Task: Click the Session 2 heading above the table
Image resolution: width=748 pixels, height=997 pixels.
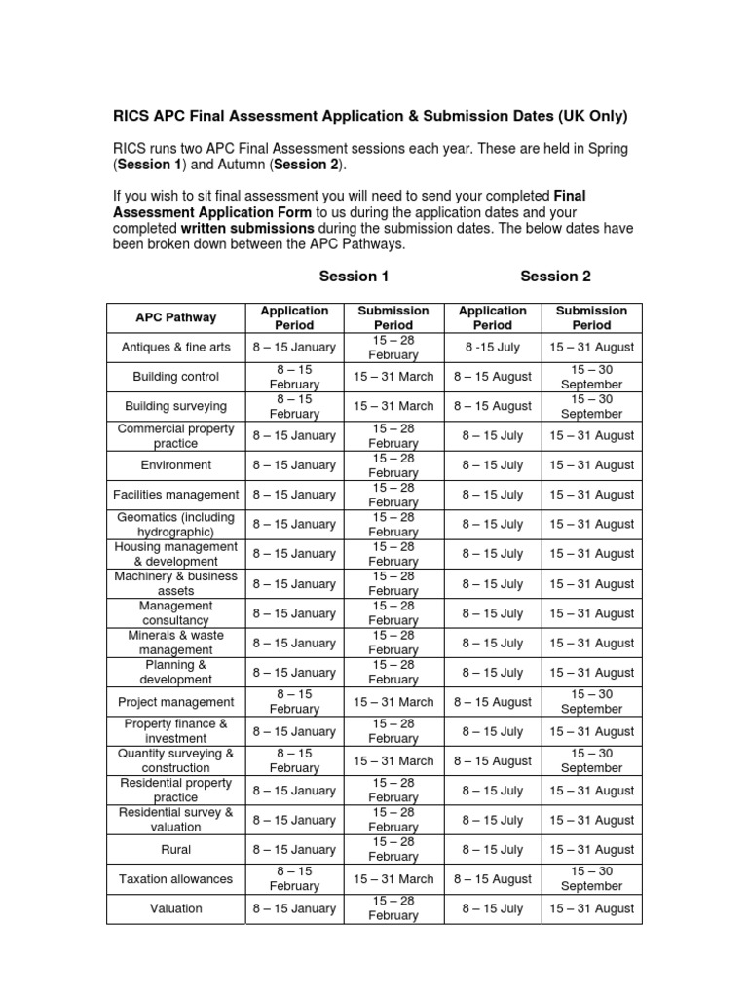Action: (555, 276)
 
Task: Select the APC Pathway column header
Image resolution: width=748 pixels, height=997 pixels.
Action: (176, 317)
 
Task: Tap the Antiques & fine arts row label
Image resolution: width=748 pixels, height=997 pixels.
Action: (176, 347)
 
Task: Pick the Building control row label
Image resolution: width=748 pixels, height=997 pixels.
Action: (176, 377)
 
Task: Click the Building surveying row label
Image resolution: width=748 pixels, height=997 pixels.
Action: (176, 406)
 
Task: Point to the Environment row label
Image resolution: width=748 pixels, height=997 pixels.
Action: (176, 465)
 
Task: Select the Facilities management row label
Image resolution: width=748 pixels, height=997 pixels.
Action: (176, 495)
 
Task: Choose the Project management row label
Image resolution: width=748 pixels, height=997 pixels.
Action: (176, 702)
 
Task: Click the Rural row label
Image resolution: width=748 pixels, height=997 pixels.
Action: (176, 850)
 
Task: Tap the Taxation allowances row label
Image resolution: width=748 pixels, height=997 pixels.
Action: (176, 879)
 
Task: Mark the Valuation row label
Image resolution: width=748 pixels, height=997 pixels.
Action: (176, 908)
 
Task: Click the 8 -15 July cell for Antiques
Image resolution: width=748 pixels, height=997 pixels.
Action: (493, 347)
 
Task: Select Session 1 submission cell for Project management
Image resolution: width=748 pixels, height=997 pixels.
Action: (393, 702)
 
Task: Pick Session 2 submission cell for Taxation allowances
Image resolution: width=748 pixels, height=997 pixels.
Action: (591, 879)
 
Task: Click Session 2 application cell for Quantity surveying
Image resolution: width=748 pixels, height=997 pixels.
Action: (493, 761)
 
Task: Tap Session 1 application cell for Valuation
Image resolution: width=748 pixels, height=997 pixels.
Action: (294, 908)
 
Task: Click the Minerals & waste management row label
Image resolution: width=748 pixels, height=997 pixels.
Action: (176, 643)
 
